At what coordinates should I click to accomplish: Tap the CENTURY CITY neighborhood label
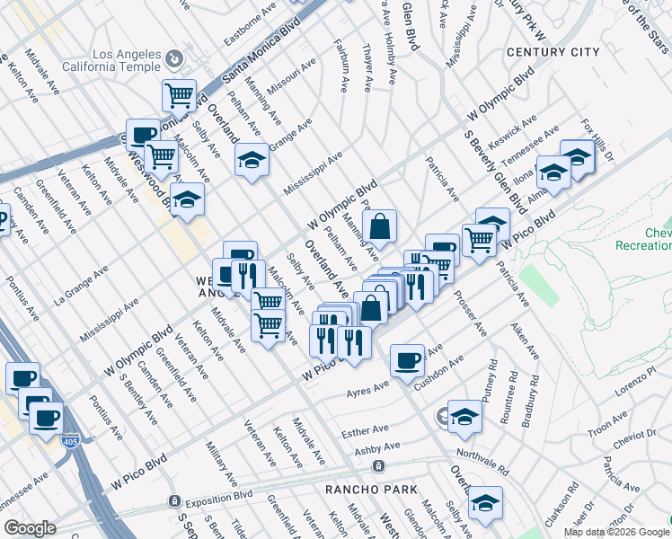point(553,52)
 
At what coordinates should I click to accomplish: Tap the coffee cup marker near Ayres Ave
point(408,360)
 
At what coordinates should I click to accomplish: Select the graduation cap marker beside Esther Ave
point(464,416)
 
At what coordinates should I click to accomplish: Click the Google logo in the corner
point(30,528)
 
